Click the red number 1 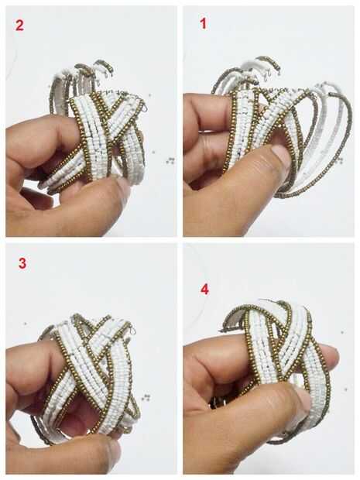pos(203,23)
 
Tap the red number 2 pos(19,25)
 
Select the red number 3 pos(22,263)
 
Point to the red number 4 pos(204,289)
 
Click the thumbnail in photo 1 pos(280,155)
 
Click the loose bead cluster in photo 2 pos(170,160)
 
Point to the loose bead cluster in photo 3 pos(146,398)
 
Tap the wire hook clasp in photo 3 pos(132,331)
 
